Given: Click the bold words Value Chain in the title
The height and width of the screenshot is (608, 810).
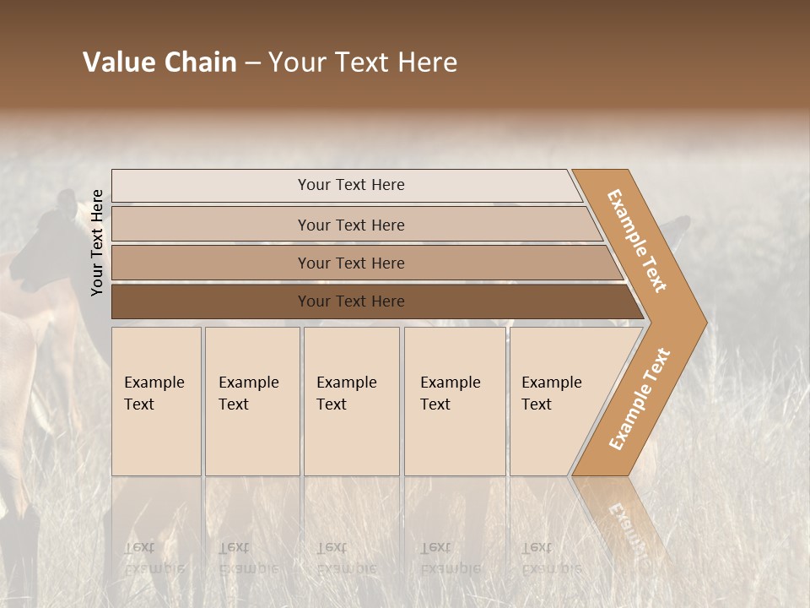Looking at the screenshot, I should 159,62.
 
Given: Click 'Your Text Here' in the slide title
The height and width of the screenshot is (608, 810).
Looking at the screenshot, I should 363,62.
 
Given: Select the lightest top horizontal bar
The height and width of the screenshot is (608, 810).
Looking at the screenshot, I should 350,185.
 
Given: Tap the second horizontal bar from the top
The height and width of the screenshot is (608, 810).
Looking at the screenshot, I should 350,225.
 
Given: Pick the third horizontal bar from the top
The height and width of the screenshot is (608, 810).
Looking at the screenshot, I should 350,263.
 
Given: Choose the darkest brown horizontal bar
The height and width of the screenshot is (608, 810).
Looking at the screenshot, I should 350,301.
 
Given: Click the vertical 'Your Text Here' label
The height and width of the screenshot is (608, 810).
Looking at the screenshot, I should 97,242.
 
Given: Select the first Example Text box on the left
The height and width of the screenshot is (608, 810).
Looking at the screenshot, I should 156,401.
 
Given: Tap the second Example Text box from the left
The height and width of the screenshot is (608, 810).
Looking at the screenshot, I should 251,401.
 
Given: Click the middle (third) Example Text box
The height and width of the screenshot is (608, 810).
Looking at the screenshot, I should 350,401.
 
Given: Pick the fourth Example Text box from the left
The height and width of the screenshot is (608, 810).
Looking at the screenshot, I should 454,401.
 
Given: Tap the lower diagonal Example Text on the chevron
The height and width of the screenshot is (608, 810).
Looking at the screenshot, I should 640,399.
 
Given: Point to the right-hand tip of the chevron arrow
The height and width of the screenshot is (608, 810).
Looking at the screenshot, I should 705,323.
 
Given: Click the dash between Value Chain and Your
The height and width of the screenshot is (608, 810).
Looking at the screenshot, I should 252,63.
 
